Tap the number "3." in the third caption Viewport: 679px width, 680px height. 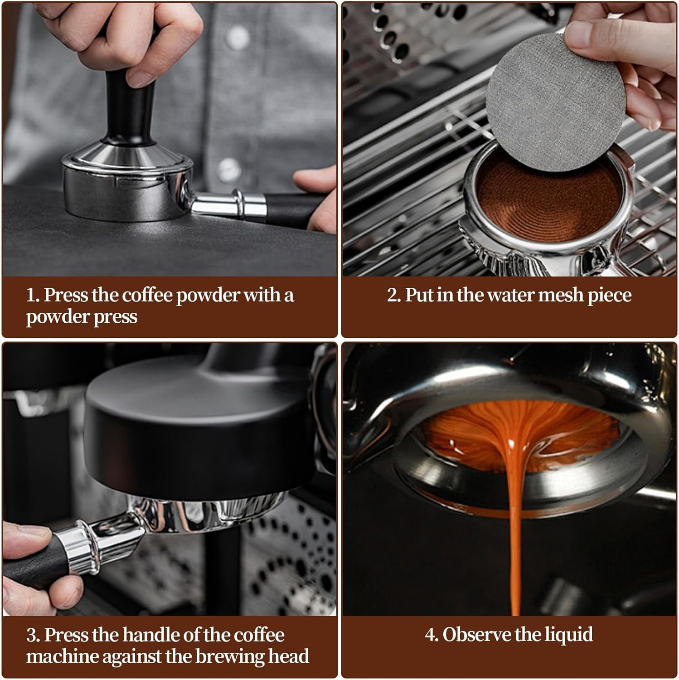[34, 635]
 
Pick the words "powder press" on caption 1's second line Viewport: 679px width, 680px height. [82, 316]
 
